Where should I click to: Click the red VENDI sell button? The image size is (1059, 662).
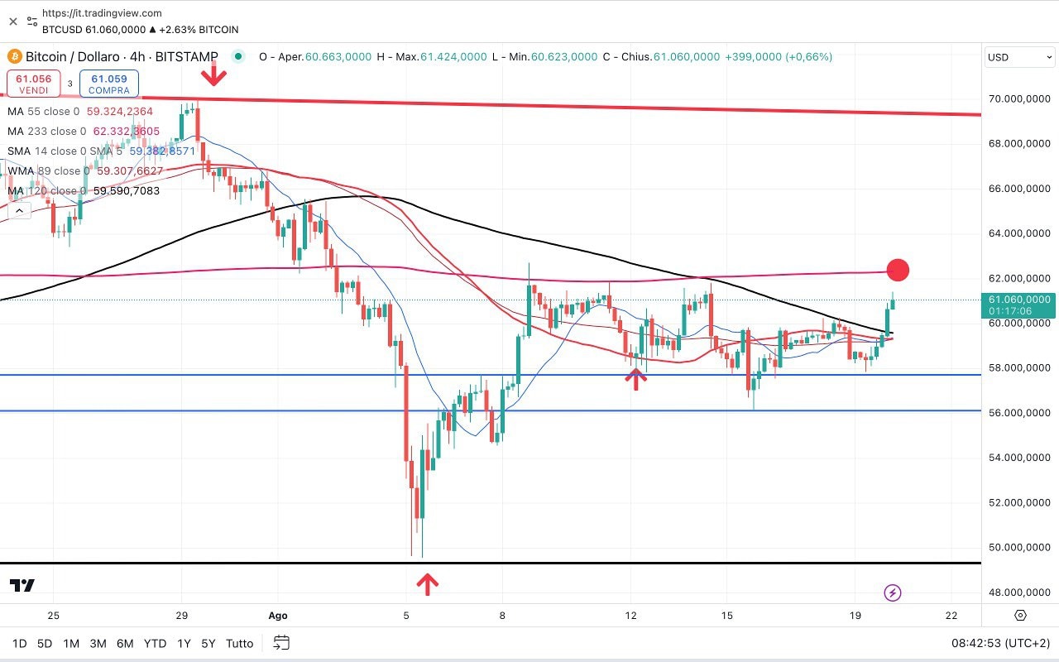coord(33,84)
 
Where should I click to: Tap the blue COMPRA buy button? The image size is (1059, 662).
coord(109,84)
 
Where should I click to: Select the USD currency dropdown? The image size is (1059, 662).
coord(1019,57)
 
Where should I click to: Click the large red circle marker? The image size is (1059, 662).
coord(898,270)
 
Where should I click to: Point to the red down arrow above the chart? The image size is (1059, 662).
coord(214,74)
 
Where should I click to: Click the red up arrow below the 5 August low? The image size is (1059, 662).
coord(427,584)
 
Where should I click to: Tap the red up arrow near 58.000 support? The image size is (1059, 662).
coord(635,379)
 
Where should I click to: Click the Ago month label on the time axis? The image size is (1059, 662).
coord(278,616)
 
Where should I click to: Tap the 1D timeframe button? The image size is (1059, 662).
coord(19,643)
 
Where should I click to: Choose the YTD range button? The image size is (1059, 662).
coord(155,643)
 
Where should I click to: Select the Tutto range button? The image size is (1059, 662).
coord(240,643)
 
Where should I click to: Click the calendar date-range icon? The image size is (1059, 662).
coord(281,643)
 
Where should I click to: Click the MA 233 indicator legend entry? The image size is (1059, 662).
coord(83,132)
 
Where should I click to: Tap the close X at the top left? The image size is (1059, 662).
coord(13,22)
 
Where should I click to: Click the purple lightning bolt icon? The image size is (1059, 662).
coord(893,592)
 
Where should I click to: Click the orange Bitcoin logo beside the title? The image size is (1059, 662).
coord(14,57)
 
